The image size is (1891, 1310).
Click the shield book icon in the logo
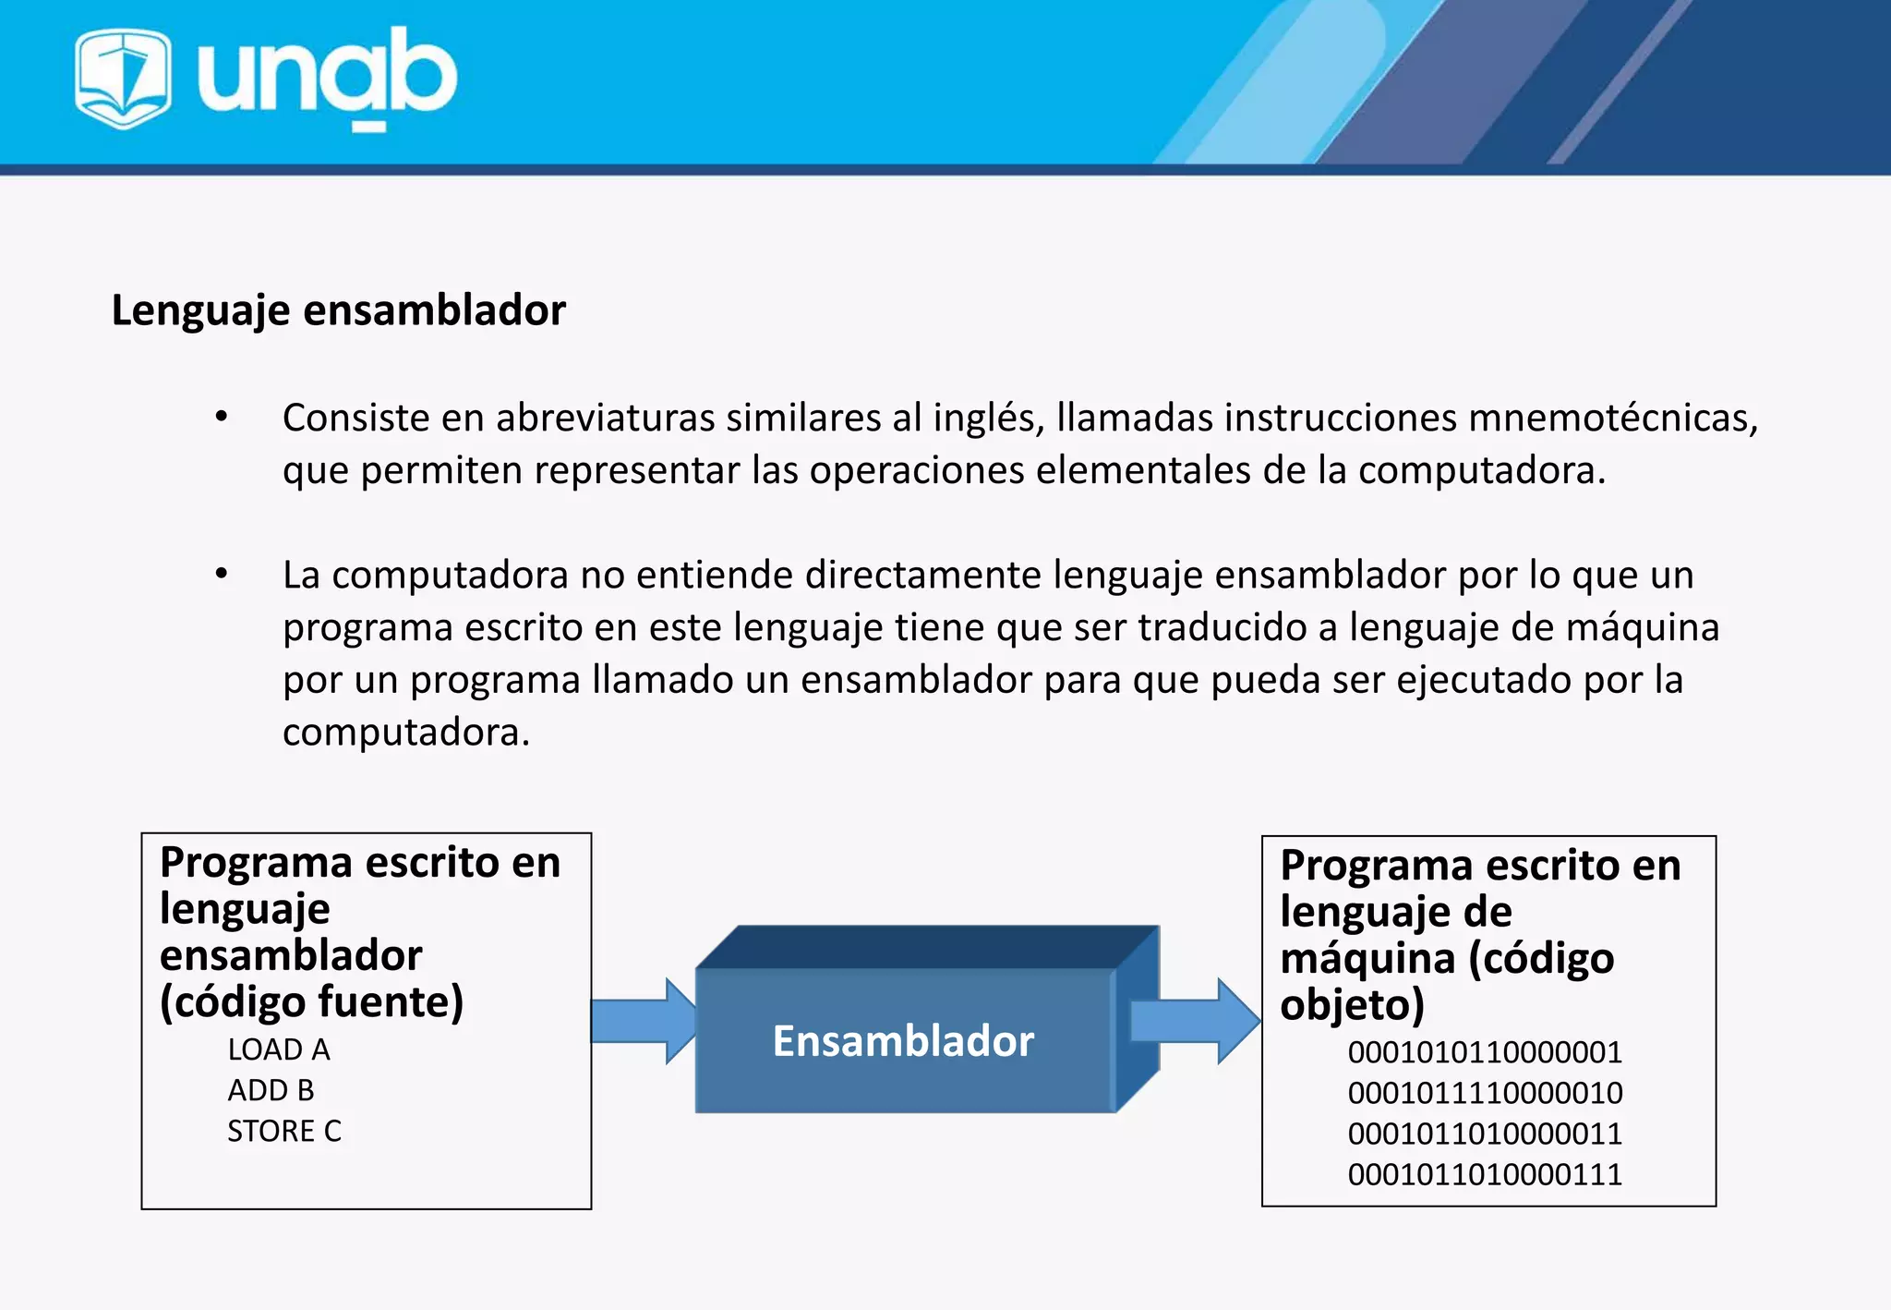[x=123, y=79]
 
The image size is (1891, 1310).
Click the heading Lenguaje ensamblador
[x=338, y=310]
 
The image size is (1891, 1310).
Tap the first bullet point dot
[x=222, y=417]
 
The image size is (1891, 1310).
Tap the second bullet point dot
[x=222, y=574]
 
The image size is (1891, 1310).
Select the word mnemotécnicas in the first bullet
[x=1612, y=418]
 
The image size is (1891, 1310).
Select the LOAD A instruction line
[x=279, y=1049]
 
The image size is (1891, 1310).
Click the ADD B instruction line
[x=271, y=1090]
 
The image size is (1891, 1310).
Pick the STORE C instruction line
[x=284, y=1131]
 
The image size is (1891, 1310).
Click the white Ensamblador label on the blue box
[x=903, y=1041]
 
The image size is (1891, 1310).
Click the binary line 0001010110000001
[x=1485, y=1052]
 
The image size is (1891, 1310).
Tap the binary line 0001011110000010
[x=1485, y=1093]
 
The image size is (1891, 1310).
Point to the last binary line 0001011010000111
[x=1485, y=1174]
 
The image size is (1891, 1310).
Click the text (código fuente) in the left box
[x=311, y=1002]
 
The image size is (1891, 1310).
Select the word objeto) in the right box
[x=1352, y=1005]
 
